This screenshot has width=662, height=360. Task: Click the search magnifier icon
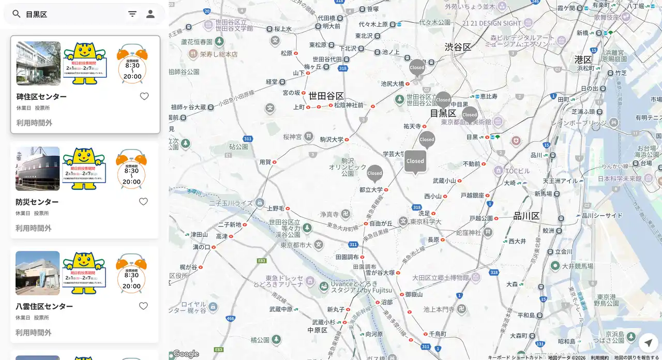click(17, 14)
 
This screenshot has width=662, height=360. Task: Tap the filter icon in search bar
click(132, 14)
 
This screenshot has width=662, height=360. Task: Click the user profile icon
click(151, 14)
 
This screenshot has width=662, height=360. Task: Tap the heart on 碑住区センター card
click(144, 96)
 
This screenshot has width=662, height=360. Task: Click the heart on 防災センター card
click(143, 202)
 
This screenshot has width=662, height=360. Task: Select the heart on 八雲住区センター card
click(143, 306)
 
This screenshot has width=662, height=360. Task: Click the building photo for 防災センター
click(38, 169)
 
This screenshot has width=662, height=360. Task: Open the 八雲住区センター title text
click(44, 306)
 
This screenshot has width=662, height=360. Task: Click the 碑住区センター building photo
click(38, 64)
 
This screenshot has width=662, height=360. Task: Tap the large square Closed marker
click(415, 161)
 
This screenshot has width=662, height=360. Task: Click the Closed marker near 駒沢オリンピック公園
click(374, 173)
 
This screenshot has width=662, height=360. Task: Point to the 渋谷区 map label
click(458, 47)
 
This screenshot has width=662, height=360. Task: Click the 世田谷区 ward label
click(326, 96)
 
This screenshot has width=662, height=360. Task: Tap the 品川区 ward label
click(526, 216)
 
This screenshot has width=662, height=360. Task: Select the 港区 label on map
click(583, 59)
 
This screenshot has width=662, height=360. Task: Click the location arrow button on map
click(648, 342)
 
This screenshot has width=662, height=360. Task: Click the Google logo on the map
click(186, 354)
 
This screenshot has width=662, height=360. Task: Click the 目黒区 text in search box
click(37, 14)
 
